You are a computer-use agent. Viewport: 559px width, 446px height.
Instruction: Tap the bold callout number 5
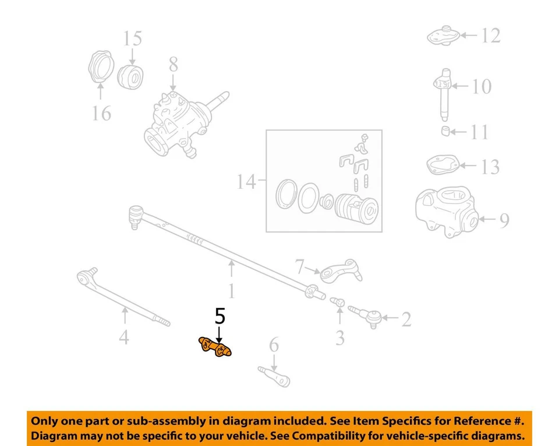coord(220,317)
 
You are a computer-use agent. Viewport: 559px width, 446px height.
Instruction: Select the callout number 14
coord(246,182)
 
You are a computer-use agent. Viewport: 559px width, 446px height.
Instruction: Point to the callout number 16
coord(101,113)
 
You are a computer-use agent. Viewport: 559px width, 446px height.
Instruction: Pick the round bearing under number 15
coord(132,78)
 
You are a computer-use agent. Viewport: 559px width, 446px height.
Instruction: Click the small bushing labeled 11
coord(446,131)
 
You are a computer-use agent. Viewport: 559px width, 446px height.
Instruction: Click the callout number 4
coord(124,336)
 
